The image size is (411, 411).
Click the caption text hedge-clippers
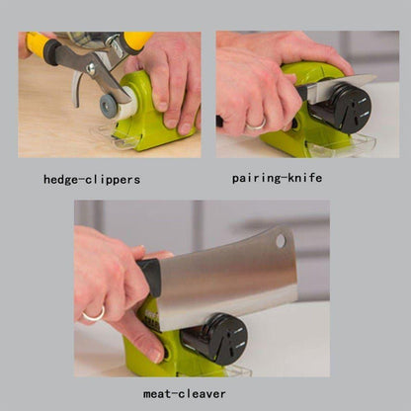(92, 180)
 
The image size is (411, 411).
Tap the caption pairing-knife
(277, 178)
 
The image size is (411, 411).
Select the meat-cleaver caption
(185, 393)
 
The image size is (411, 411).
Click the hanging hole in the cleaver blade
(281, 241)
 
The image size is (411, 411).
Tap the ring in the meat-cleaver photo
(95, 314)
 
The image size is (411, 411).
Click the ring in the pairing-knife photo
(256, 124)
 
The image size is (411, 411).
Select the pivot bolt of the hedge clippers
(90, 69)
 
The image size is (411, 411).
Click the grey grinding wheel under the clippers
(108, 106)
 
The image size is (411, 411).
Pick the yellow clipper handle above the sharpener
(137, 41)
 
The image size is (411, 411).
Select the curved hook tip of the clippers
(76, 90)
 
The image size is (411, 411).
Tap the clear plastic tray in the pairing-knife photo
(340, 146)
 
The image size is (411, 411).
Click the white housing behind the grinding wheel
(128, 102)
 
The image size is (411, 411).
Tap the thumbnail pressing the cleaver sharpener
(156, 355)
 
